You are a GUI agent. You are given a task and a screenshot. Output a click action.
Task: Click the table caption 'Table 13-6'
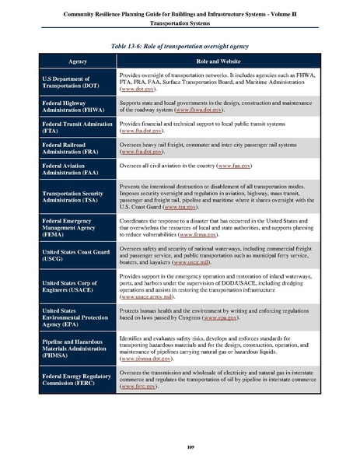pos(180,47)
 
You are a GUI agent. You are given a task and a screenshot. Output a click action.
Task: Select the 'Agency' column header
pos(78,60)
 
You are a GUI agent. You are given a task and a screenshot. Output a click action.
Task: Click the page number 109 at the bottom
pos(180,445)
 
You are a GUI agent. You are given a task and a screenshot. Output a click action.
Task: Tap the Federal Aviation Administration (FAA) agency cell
pos(76,170)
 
